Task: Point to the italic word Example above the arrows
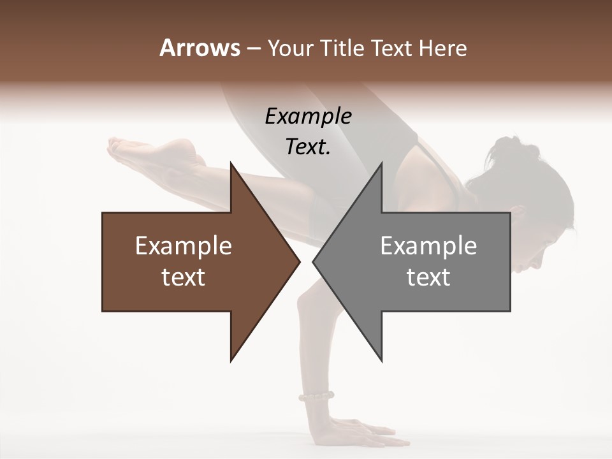point(308,117)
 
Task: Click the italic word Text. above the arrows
point(308,147)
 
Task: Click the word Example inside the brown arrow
point(184,245)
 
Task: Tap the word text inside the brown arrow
point(184,277)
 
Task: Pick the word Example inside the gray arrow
point(428,245)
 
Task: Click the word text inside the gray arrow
point(428,277)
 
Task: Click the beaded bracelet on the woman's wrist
point(316,397)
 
